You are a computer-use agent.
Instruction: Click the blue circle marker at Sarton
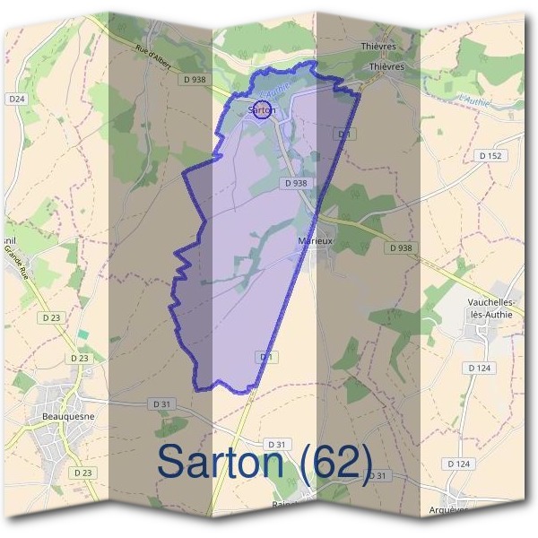tap(262, 110)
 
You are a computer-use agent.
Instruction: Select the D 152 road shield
tap(490, 156)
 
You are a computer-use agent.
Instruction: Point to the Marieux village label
tap(315, 241)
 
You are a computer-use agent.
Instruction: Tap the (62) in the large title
tap(336, 462)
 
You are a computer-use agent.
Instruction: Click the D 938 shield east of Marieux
tap(401, 247)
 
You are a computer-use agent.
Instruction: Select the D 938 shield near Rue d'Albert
tap(194, 79)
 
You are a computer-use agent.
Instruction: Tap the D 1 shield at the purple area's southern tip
tap(266, 357)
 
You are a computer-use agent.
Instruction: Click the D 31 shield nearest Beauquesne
tap(161, 404)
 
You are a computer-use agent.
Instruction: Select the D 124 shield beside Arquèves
tap(458, 464)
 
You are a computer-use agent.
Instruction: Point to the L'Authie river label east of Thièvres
tap(473, 101)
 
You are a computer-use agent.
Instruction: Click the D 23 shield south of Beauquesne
tap(82, 473)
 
